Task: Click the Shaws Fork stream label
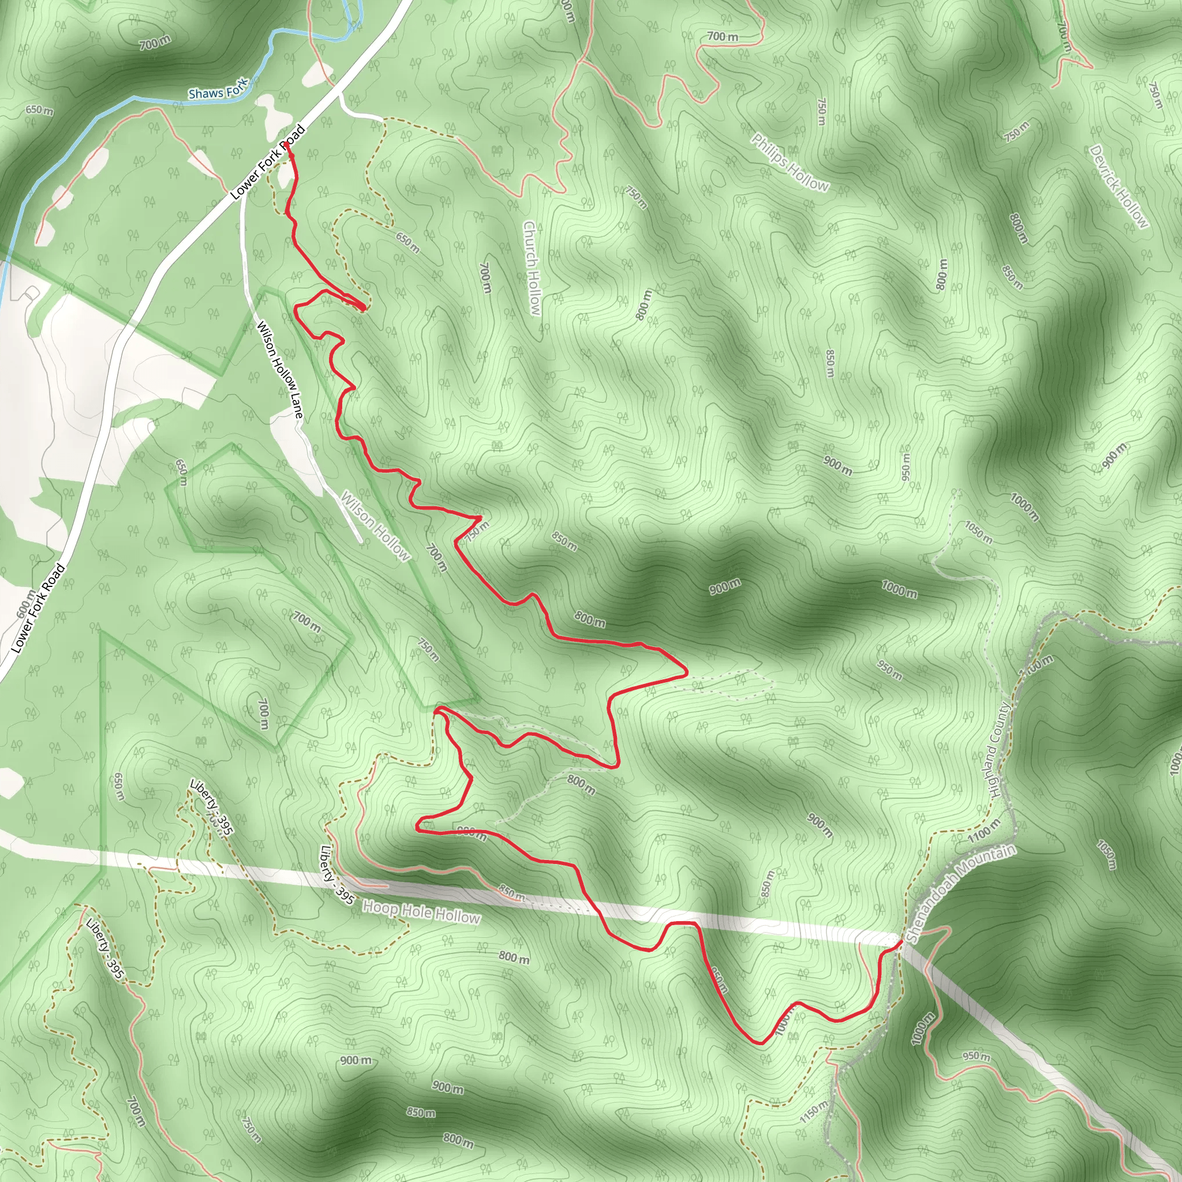(218, 90)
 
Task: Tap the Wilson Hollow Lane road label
(279, 369)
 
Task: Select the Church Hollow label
(532, 268)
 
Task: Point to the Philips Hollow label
(790, 163)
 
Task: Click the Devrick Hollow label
(1119, 186)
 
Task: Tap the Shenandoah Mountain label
(960, 893)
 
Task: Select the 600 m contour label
(26, 604)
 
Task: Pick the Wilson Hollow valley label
(375, 526)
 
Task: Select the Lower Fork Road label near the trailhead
(268, 163)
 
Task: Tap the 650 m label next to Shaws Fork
(40, 110)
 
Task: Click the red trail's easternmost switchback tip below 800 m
(686, 672)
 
